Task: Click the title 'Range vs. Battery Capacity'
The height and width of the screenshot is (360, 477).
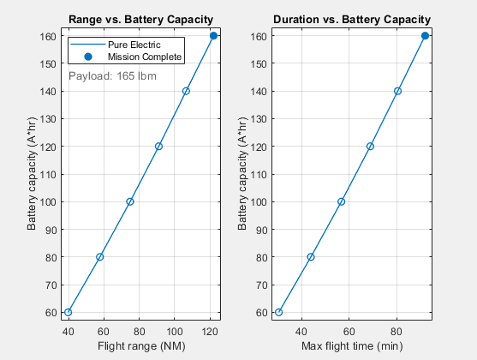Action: [141, 19]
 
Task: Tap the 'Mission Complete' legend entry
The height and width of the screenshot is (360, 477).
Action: [144, 57]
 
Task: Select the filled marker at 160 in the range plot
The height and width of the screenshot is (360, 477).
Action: [213, 35]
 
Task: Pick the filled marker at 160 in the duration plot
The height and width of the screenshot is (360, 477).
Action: [425, 35]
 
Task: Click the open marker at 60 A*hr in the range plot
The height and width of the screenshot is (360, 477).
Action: [69, 312]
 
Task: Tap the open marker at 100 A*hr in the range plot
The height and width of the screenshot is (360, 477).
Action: [130, 201]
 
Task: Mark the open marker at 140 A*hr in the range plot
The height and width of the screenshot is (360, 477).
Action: [186, 91]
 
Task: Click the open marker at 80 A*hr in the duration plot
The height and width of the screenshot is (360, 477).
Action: [311, 257]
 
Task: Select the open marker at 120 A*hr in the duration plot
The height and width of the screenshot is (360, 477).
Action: [370, 146]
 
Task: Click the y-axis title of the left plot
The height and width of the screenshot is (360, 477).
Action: [32, 174]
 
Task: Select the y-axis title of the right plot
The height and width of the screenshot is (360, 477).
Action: [243, 174]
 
